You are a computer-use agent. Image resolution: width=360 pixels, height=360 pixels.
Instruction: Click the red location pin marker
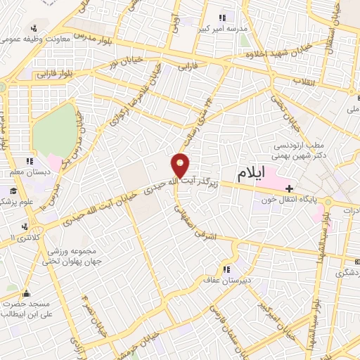pos(181,165)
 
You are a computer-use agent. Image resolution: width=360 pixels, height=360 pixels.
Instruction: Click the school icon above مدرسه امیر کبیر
pos(222,17)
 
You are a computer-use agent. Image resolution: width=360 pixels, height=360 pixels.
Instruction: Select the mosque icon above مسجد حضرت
pos(27,294)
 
